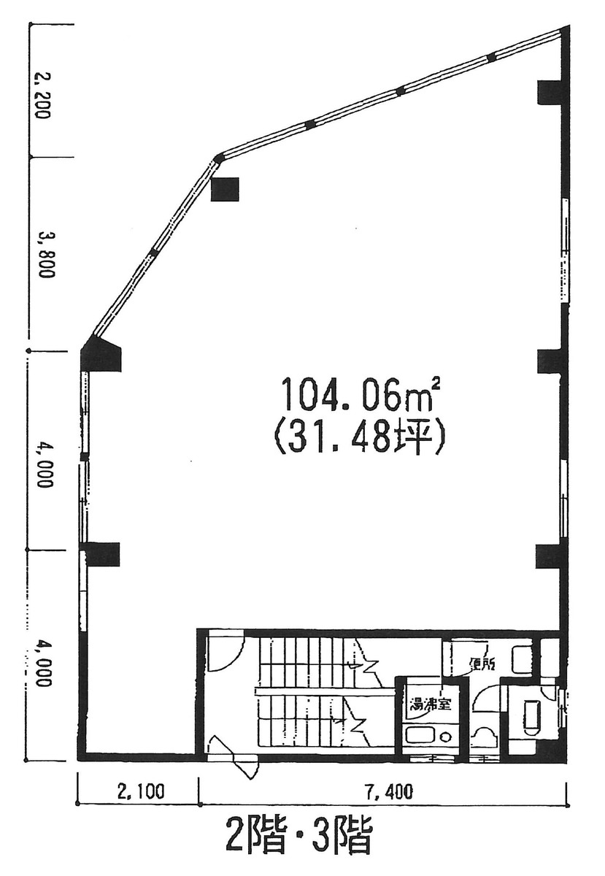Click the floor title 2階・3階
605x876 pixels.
tap(299, 837)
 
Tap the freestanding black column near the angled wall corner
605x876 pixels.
tap(225, 189)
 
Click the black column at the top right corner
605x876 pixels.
tap(549, 92)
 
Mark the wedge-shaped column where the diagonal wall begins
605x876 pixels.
tap(99, 356)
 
